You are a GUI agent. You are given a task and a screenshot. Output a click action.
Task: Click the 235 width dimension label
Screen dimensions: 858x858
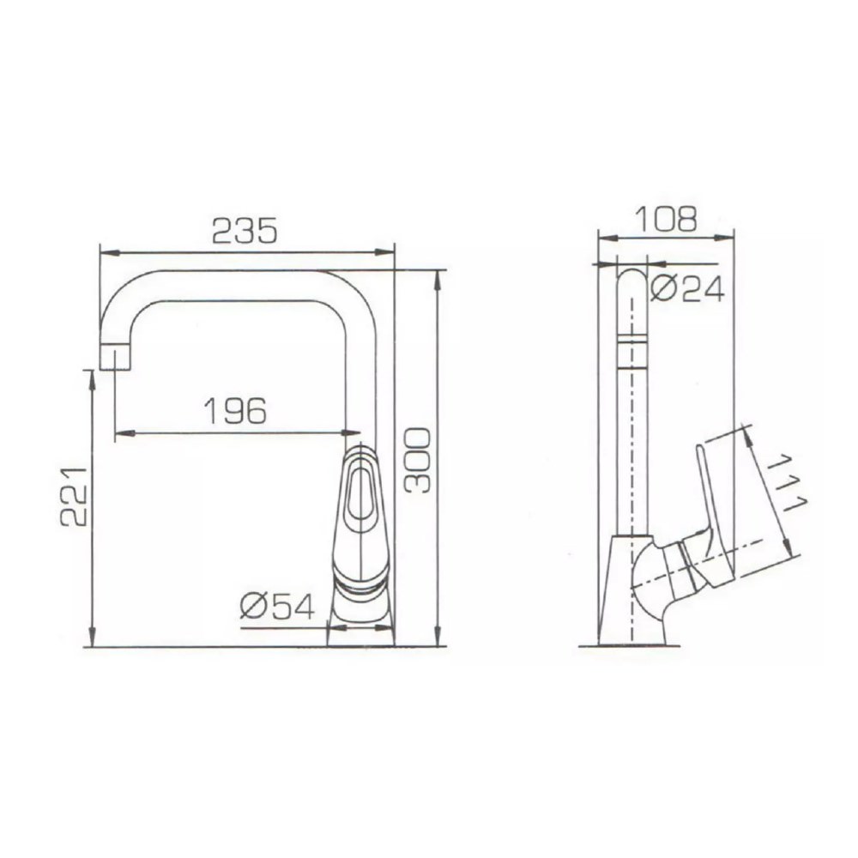tap(245, 230)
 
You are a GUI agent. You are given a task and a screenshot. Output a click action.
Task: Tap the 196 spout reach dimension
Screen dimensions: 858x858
tap(235, 411)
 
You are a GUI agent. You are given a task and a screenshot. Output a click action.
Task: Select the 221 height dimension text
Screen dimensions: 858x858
tap(74, 497)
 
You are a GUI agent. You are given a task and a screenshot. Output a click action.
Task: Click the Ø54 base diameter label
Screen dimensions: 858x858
tap(277, 606)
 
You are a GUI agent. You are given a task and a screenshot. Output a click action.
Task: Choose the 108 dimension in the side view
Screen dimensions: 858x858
tap(666, 219)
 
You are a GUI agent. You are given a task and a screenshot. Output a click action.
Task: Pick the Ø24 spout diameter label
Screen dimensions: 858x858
tap(687, 288)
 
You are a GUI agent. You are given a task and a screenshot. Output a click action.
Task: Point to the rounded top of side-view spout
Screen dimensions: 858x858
tap(632, 279)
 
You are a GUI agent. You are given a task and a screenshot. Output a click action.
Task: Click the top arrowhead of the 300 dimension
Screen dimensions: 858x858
tap(438, 276)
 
